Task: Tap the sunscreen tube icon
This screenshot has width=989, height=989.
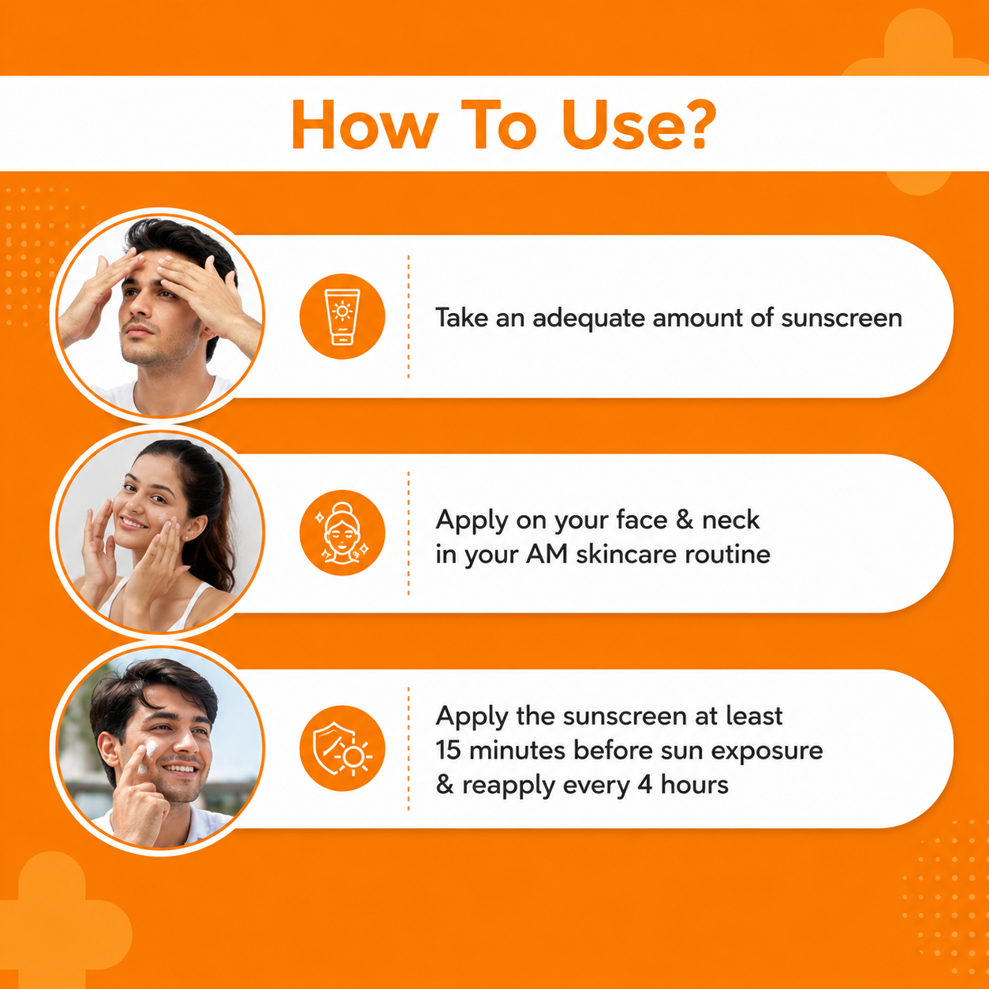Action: (x=341, y=317)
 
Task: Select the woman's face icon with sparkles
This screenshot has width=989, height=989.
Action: (x=341, y=532)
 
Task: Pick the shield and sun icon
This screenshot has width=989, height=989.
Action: (x=341, y=748)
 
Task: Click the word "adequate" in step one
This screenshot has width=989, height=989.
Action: (x=588, y=319)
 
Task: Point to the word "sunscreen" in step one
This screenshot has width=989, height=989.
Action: (x=842, y=319)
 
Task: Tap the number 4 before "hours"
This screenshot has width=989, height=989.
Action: (x=645, y=785)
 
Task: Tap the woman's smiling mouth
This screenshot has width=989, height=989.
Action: (x=133, y=523)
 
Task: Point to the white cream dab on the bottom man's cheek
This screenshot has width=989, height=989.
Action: (x=150, y=751)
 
